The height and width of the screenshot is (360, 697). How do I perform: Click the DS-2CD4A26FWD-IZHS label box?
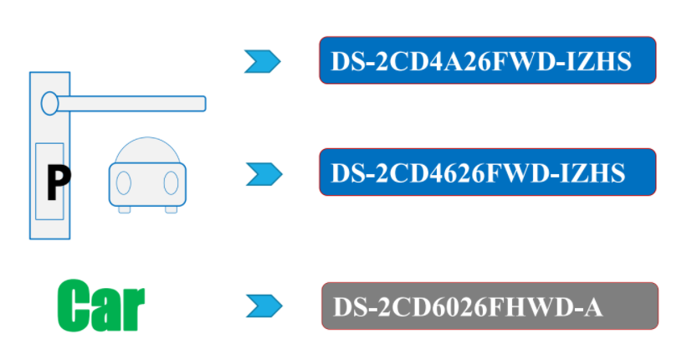coord(487,60)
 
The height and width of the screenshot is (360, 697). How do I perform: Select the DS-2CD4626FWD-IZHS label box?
coord(487,172)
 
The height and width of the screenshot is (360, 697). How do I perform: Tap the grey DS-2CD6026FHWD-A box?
coord(489,306)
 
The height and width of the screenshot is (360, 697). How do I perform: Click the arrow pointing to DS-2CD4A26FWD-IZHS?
coord(262,61)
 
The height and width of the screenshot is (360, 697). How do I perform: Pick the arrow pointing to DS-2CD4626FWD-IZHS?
coord(264,173)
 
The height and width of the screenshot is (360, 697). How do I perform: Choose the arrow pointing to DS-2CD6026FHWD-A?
coord(264,306)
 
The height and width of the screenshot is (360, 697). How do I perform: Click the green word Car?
coord(101,306)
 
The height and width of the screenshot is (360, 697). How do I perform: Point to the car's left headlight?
coord(124,182)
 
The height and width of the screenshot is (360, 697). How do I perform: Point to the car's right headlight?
coord(171,182)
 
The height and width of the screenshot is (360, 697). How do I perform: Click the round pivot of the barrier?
coord(49,103)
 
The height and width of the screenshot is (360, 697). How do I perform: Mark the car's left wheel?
coord(124,209)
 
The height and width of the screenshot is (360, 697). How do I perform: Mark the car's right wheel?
coord(171,209)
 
